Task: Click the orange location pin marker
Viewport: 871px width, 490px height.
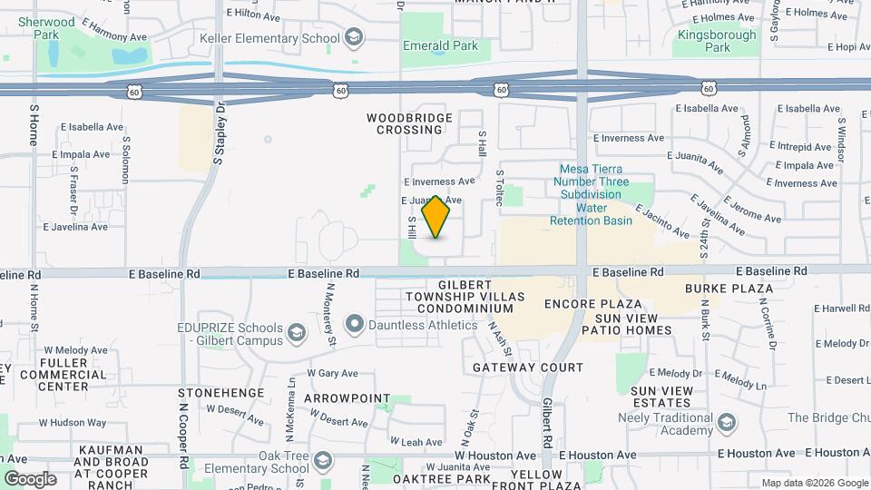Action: (436, 217)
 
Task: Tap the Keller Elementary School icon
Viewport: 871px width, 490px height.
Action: (353, 37)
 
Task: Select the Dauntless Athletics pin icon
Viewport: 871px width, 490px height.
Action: (355, 323)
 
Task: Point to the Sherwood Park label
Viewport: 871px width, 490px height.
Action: (46, 27)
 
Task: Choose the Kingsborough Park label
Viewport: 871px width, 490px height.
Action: (703, 41)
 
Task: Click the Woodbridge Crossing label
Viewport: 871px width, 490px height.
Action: (405, 123)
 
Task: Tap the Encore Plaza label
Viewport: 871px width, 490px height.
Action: (593, 304)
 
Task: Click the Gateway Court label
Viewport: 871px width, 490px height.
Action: (528, 367)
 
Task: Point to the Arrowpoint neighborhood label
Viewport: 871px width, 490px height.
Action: (347, 398)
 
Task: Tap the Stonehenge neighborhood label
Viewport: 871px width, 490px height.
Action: (221, 393)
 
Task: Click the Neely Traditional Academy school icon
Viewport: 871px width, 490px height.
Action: (726, 423)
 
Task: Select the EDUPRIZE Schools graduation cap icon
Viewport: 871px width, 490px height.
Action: (296, 334)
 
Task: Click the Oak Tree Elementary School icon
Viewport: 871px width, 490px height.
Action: (321, 462)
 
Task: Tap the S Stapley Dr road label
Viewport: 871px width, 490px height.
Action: (220, 132)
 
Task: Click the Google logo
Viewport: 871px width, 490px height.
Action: (30, 479)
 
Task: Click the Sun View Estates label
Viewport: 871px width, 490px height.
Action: (661, 397)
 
